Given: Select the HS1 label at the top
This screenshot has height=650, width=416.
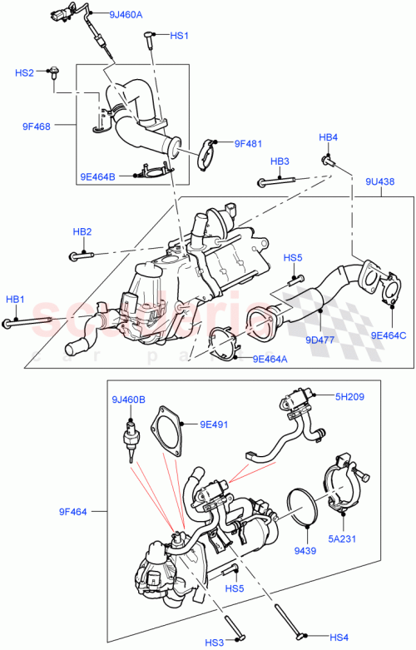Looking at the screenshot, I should click(x=180, y=36).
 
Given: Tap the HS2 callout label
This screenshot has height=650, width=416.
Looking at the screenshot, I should click(x=24, y=73).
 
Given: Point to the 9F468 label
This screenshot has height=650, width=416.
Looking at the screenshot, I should click(x=37, y=127).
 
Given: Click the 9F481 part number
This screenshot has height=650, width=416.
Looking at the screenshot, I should click(x=248, y=143).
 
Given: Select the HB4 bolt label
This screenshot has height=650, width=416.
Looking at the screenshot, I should click(x=329, y=136).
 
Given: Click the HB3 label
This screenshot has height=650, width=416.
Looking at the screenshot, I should click(x=280, y=161).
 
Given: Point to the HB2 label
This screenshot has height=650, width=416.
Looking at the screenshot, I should click(x=82, y=231).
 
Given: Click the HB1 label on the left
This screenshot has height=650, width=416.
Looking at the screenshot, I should click(x=16, y=299).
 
